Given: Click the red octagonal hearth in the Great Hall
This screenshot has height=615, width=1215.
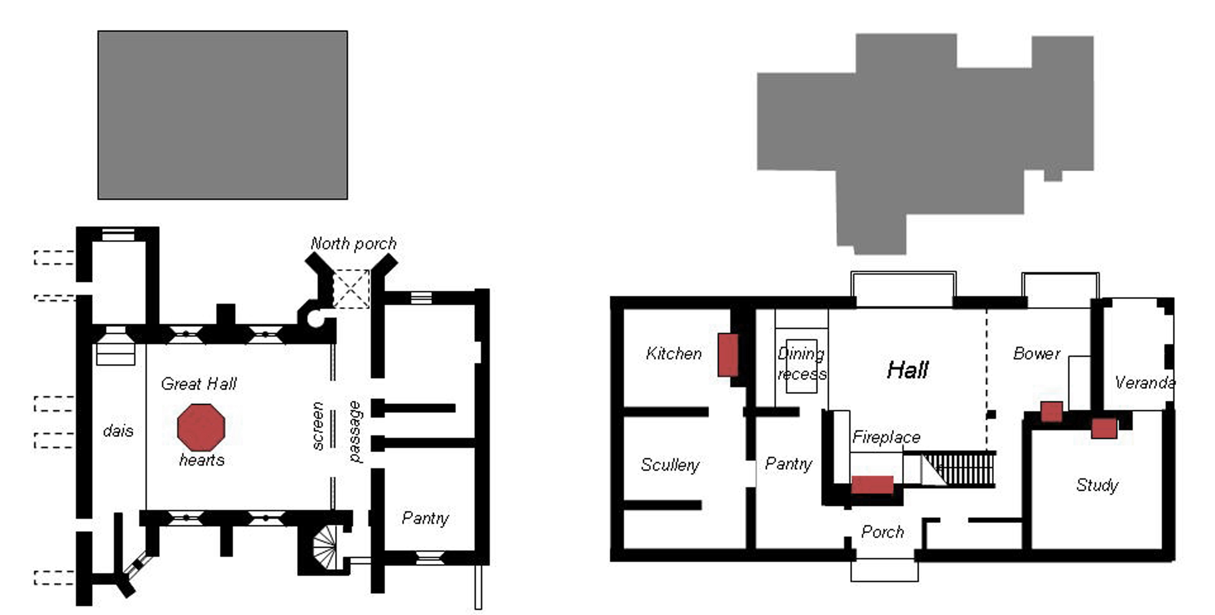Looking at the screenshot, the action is coord(201,427).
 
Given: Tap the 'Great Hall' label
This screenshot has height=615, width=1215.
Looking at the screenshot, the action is coord(198,384).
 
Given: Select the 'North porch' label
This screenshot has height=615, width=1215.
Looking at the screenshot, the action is coord(353,244).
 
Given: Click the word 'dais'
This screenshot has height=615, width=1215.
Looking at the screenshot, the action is coord(118,431).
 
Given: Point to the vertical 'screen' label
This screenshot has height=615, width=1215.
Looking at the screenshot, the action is coord(318,426).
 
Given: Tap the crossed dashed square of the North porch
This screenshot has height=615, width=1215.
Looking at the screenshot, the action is coord(352,289).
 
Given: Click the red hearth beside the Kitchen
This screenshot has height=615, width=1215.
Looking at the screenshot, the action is coord(728,355).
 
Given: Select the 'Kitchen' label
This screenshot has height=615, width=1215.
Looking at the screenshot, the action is coord(674,354).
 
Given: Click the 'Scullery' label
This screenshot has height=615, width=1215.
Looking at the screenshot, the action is coord(670,465).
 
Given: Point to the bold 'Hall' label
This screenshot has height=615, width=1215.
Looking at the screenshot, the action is coord(908,370).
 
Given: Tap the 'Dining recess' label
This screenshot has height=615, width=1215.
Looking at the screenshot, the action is coord(802,364).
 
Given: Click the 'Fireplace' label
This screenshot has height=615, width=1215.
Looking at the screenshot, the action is coord(886,438).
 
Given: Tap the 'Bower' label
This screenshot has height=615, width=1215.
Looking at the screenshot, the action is coord(1037,354).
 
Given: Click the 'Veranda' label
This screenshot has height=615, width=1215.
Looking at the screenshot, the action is coord(1145,383).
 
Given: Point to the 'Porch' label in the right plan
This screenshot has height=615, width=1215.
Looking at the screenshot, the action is coord(882,532).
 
